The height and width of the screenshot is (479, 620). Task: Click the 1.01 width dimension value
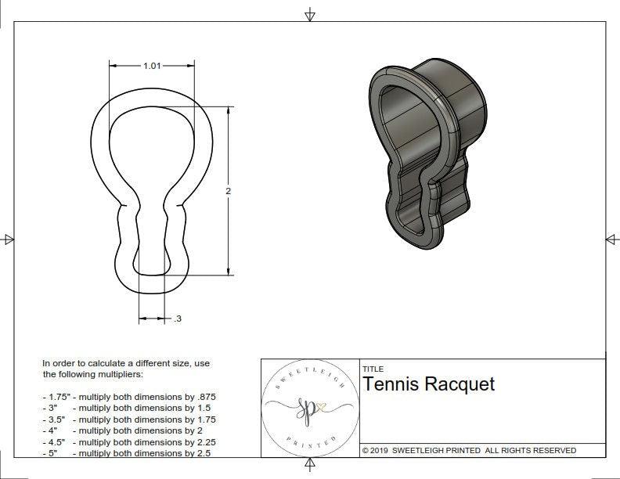click(x=152, y=66)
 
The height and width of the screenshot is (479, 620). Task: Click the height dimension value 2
click(x=228, y=191)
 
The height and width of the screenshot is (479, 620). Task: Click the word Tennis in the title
click(x=391, y=384)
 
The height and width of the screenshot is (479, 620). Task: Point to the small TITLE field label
click(x=373, y=369)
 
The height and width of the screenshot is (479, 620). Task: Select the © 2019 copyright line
click(x=469, y=450)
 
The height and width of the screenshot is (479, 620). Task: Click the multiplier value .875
click(x=205, y=397)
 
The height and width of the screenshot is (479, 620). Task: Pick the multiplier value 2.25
click(x=202, y=441)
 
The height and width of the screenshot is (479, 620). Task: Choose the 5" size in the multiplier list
click(x=51, y=452)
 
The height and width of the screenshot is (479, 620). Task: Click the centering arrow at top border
click(x=310, y=14)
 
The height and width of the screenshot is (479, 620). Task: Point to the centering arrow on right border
click(x=611, y=239)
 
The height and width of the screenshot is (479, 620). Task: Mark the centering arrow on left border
click(x=9, y=239)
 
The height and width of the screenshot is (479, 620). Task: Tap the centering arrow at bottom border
click(x=310, y=465)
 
